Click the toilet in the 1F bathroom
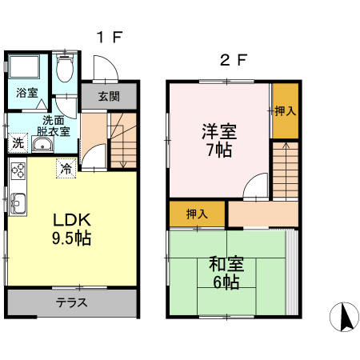[x=65, y=69]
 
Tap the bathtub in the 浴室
[x=24, y=66]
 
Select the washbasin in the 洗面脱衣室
[x=42, y=144]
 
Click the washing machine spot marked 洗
[x=18, y=143]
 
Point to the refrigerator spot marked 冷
[x=66, y=169]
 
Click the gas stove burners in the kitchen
[x=18, y=170]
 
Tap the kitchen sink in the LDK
[x=18, y=203]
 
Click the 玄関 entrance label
[x=109, y=97]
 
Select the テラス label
[x=71, y=302]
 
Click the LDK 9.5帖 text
[x=72, y=229]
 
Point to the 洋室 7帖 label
[x=219, y=141]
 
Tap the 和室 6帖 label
[x=226, y=273]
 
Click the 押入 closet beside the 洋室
[x=286, y=111]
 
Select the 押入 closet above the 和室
[x=197, y=214]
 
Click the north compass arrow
[x=346, y=317]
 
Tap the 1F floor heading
[x=110, y=38]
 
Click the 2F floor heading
[x=234, y=60]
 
